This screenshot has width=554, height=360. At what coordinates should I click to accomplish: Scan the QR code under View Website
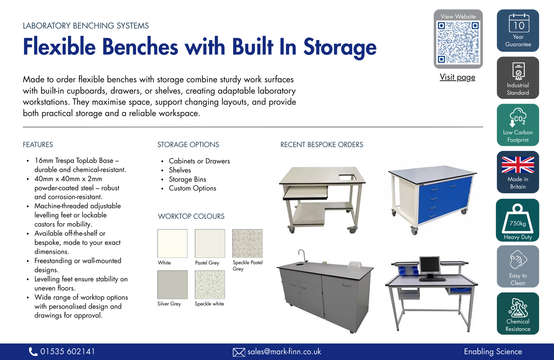(x=458, y=42)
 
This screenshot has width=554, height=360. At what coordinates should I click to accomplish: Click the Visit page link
(x=457, y=77)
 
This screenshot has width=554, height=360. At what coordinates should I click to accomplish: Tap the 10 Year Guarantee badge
(x=518, y=31)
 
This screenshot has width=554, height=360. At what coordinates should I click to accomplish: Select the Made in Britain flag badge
(x=518, y=172)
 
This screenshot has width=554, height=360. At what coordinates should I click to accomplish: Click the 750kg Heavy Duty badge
(x=518, y=220)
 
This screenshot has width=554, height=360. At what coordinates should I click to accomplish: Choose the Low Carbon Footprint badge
(x=518, y=125)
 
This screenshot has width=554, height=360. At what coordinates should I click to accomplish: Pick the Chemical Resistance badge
(x=518, y=314)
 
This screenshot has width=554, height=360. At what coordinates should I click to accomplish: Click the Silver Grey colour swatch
(x=172, y=285)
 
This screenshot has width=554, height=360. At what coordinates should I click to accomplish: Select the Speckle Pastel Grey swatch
(x=247, y=243)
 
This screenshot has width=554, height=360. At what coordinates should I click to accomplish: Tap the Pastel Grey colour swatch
(x=210, y=243)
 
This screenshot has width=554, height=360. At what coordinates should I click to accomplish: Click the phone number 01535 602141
(x=67, y=352)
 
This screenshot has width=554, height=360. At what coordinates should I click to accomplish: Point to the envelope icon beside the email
(x=239, y=352)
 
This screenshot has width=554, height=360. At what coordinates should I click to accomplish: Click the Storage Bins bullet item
(x=187, y=179)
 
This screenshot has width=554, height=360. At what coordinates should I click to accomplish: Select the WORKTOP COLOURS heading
(x=191, y=216)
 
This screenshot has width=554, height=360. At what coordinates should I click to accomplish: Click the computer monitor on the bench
(x=430, y=265)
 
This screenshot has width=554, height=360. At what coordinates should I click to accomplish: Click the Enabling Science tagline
(x=493, y=352)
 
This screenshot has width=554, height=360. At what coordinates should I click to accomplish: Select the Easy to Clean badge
(x=518, y=266)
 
